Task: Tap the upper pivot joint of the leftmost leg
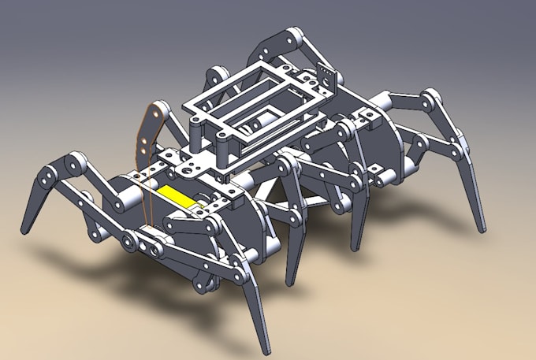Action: coord(76,162)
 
